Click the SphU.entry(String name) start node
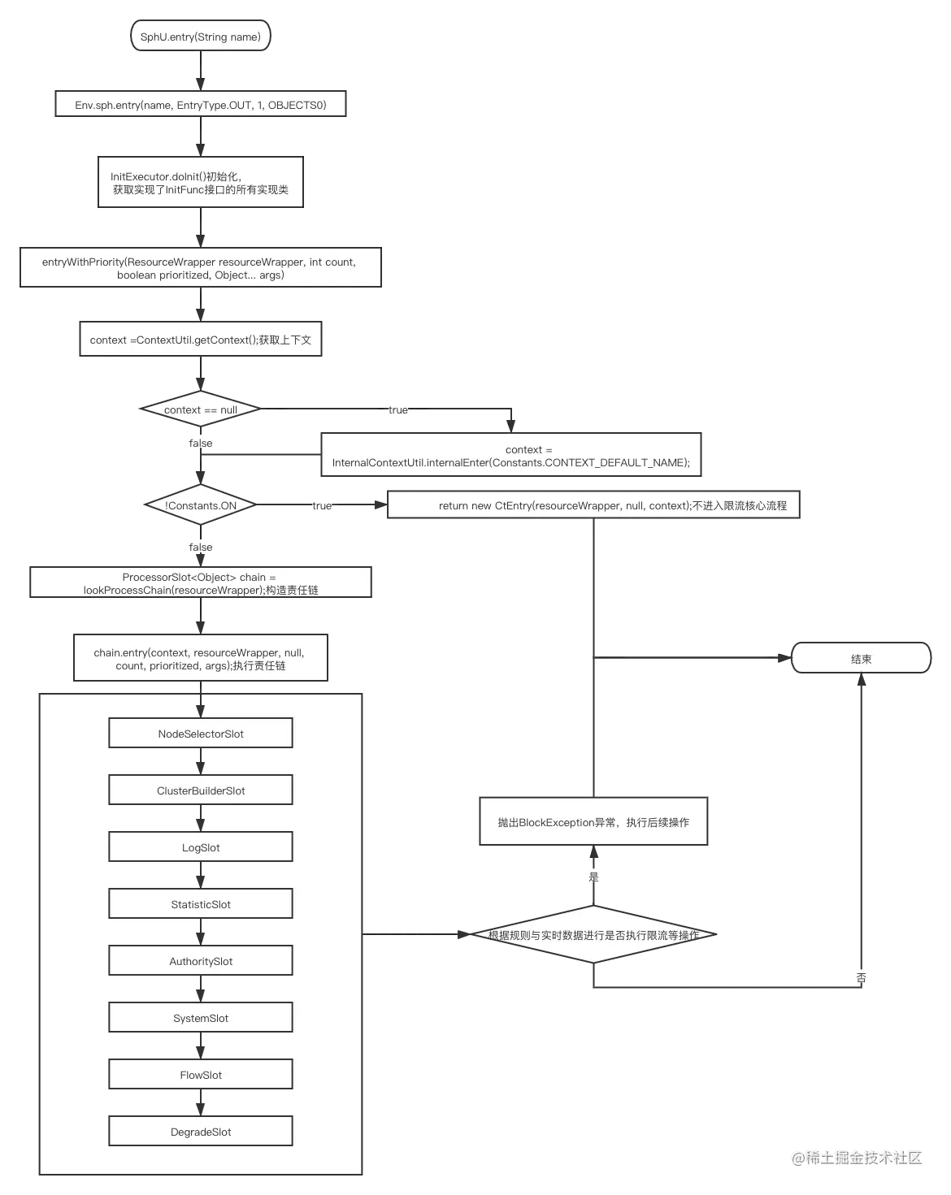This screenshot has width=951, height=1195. click(200, 36)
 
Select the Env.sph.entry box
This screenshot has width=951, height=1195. click(200, 104)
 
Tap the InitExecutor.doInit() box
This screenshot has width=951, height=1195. click(200, 182)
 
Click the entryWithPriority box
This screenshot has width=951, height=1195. click(200, 267)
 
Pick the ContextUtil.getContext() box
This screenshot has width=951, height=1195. click(200, 339)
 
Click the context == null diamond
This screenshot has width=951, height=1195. click(200, 409)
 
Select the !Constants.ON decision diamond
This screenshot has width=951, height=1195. click(200, 504)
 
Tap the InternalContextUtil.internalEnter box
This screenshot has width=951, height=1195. click(510, 454)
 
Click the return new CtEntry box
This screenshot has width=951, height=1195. click(593, 504)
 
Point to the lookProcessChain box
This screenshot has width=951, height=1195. click(200, 582)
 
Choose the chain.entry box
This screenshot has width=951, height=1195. click(200, 657)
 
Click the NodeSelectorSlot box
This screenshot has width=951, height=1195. click(200, 733)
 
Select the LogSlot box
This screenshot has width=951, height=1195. click(200, 846)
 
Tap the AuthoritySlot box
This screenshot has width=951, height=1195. click(200, 961)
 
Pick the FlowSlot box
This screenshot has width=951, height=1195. click(200, 1075)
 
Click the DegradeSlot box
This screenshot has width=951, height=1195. click(200, 1131)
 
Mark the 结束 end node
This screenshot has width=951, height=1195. click(861, 658)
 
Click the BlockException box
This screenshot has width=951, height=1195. click(593, 821)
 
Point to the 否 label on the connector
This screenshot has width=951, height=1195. click(861, 978)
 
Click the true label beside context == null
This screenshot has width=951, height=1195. click(398, 409)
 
